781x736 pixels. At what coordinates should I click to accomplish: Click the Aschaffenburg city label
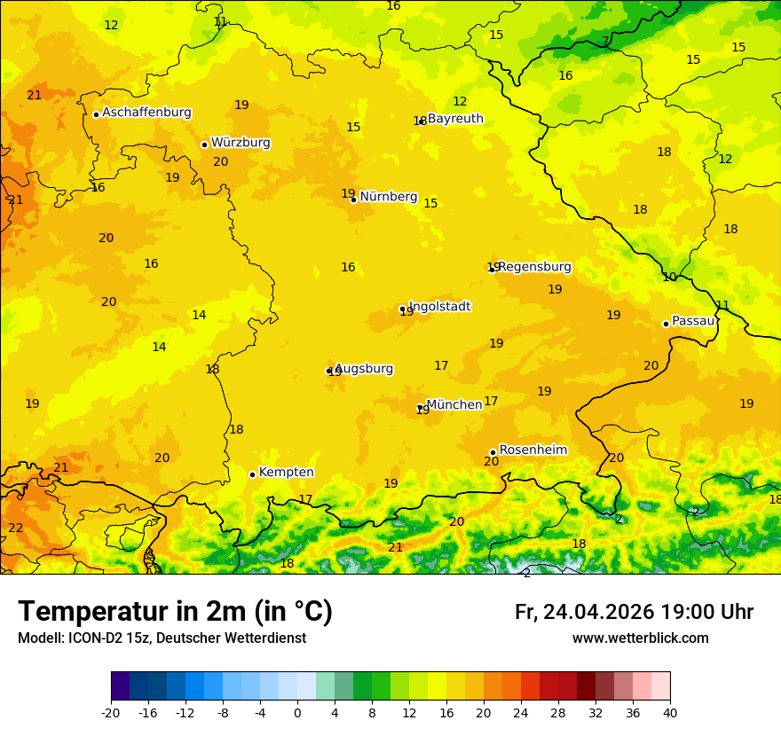coord(146,113)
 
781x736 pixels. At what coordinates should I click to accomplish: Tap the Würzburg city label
coord(241,143)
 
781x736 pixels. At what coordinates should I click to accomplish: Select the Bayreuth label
coord(455,119)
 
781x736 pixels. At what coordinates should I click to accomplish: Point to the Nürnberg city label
coord(388,197)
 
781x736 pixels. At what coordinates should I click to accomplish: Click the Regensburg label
coord(534,267)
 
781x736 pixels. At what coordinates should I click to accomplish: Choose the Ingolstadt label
coord(439,307)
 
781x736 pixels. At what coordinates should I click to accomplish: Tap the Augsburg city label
coord(364,369)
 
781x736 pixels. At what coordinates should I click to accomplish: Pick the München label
coord(454,405)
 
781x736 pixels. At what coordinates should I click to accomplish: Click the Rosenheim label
coord(532,450)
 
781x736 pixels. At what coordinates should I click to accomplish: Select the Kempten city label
coord(286,473)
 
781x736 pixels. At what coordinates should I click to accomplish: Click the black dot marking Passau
coord(666,324)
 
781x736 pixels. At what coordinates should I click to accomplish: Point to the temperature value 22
coord(16,528)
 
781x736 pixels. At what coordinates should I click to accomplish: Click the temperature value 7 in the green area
coord(605,42)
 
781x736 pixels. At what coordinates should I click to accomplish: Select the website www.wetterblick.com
coord(640,638)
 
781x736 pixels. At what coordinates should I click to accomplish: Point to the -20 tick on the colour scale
coord(111,712)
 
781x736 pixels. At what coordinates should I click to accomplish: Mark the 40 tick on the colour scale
coord(670,712)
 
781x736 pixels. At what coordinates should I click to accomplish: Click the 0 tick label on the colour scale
coord(297,712)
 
